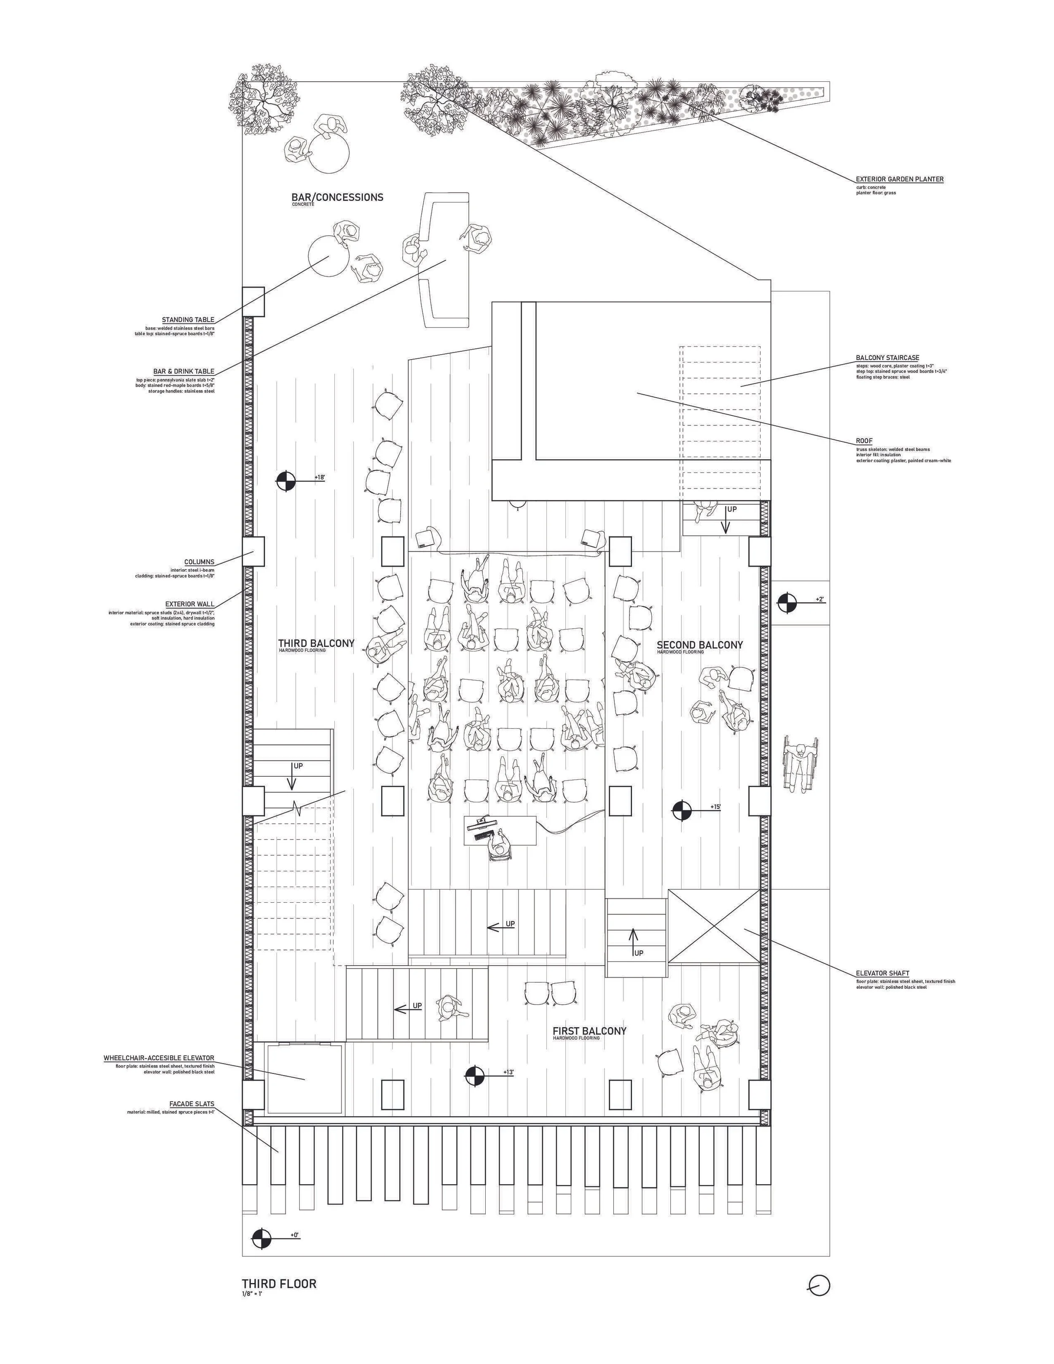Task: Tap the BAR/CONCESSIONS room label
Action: coord(337,197)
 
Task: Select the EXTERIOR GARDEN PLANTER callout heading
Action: coord(899,179)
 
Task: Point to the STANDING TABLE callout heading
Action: coord(188,320)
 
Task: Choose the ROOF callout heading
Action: coord(864,441)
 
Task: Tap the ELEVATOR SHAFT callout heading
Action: coord(882,973)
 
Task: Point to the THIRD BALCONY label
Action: coord(316,643)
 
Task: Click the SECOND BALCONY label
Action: coord(699,645)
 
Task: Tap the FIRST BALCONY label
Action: coord(589,1031)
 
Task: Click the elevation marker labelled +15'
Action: coord(681,811)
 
